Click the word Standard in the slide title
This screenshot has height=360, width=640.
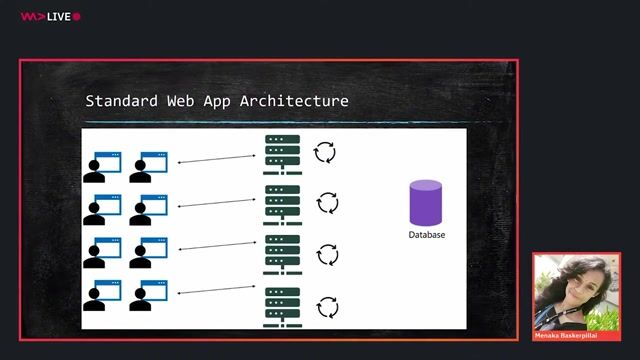(x=118, y=101)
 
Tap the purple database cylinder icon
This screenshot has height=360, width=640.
(x=426, y=202)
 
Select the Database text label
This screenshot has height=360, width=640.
(x=427, y=235)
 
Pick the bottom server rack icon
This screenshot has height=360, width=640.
(x=282, y=307)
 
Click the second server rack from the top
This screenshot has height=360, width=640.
(x=282, y=205)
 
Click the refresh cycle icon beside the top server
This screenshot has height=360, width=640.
(x=326, y=153)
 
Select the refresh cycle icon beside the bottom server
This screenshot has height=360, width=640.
(x=327, y=306)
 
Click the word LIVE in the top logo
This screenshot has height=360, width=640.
(x=58, y=16)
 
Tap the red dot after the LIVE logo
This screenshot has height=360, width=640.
(x=77, y=16)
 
